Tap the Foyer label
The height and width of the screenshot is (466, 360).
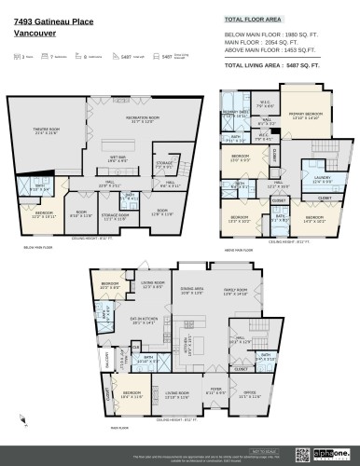[x=215, y=392]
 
